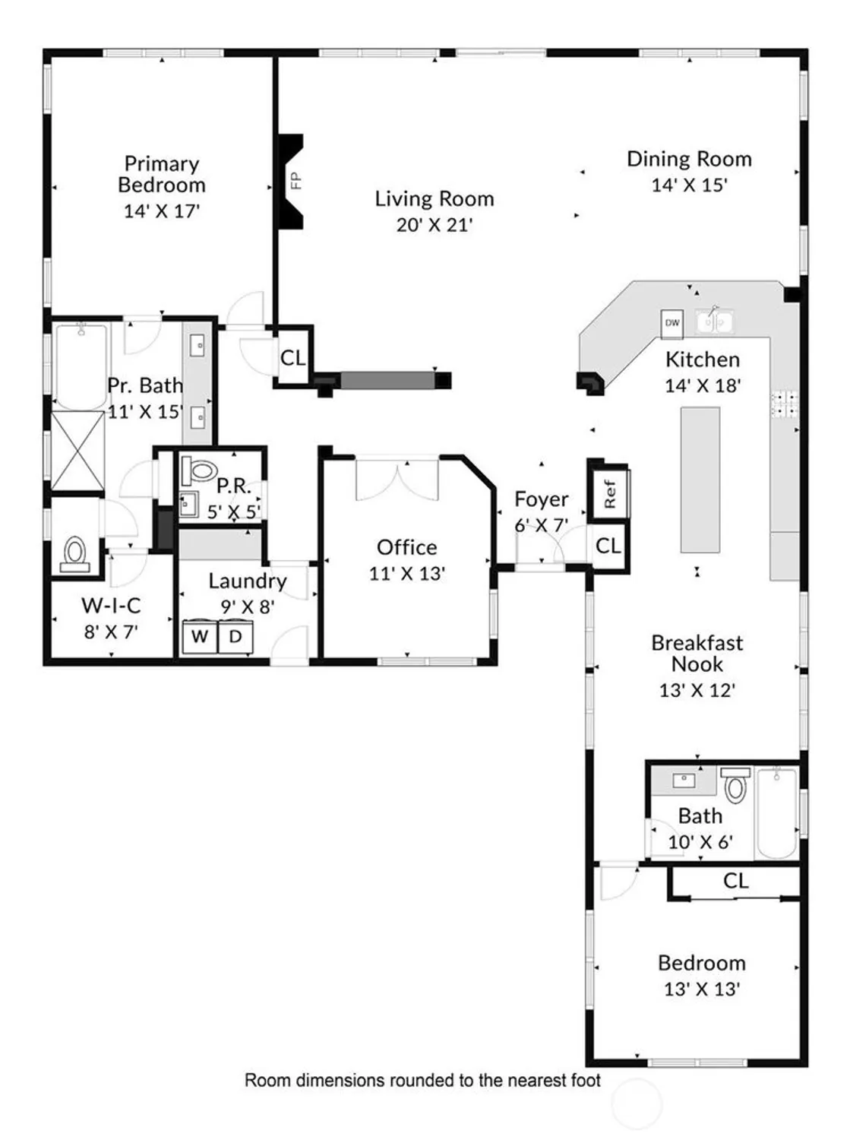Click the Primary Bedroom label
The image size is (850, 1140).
pos(161,174)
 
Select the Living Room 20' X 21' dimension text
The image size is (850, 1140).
pos(434,225)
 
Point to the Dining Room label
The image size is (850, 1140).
pos(689,159)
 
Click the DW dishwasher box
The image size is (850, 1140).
pos(672,323)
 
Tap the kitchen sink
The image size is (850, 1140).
pos(715,322)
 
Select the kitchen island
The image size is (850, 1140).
pos(700,480)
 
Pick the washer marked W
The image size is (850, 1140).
pos(200,637)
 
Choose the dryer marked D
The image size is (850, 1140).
pos(235,637)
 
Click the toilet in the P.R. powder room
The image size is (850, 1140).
pos(201,471)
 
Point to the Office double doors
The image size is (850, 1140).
pos(397,479)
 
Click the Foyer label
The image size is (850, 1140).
pos(541,499)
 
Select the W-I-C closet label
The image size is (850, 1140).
pos(111,606)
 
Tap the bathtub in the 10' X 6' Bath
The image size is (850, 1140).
pos(776,813)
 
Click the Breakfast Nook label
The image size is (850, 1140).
pos(697,654)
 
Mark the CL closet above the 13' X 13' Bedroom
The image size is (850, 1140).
pos(735,881)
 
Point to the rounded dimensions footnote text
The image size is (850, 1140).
pos(422,1080)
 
